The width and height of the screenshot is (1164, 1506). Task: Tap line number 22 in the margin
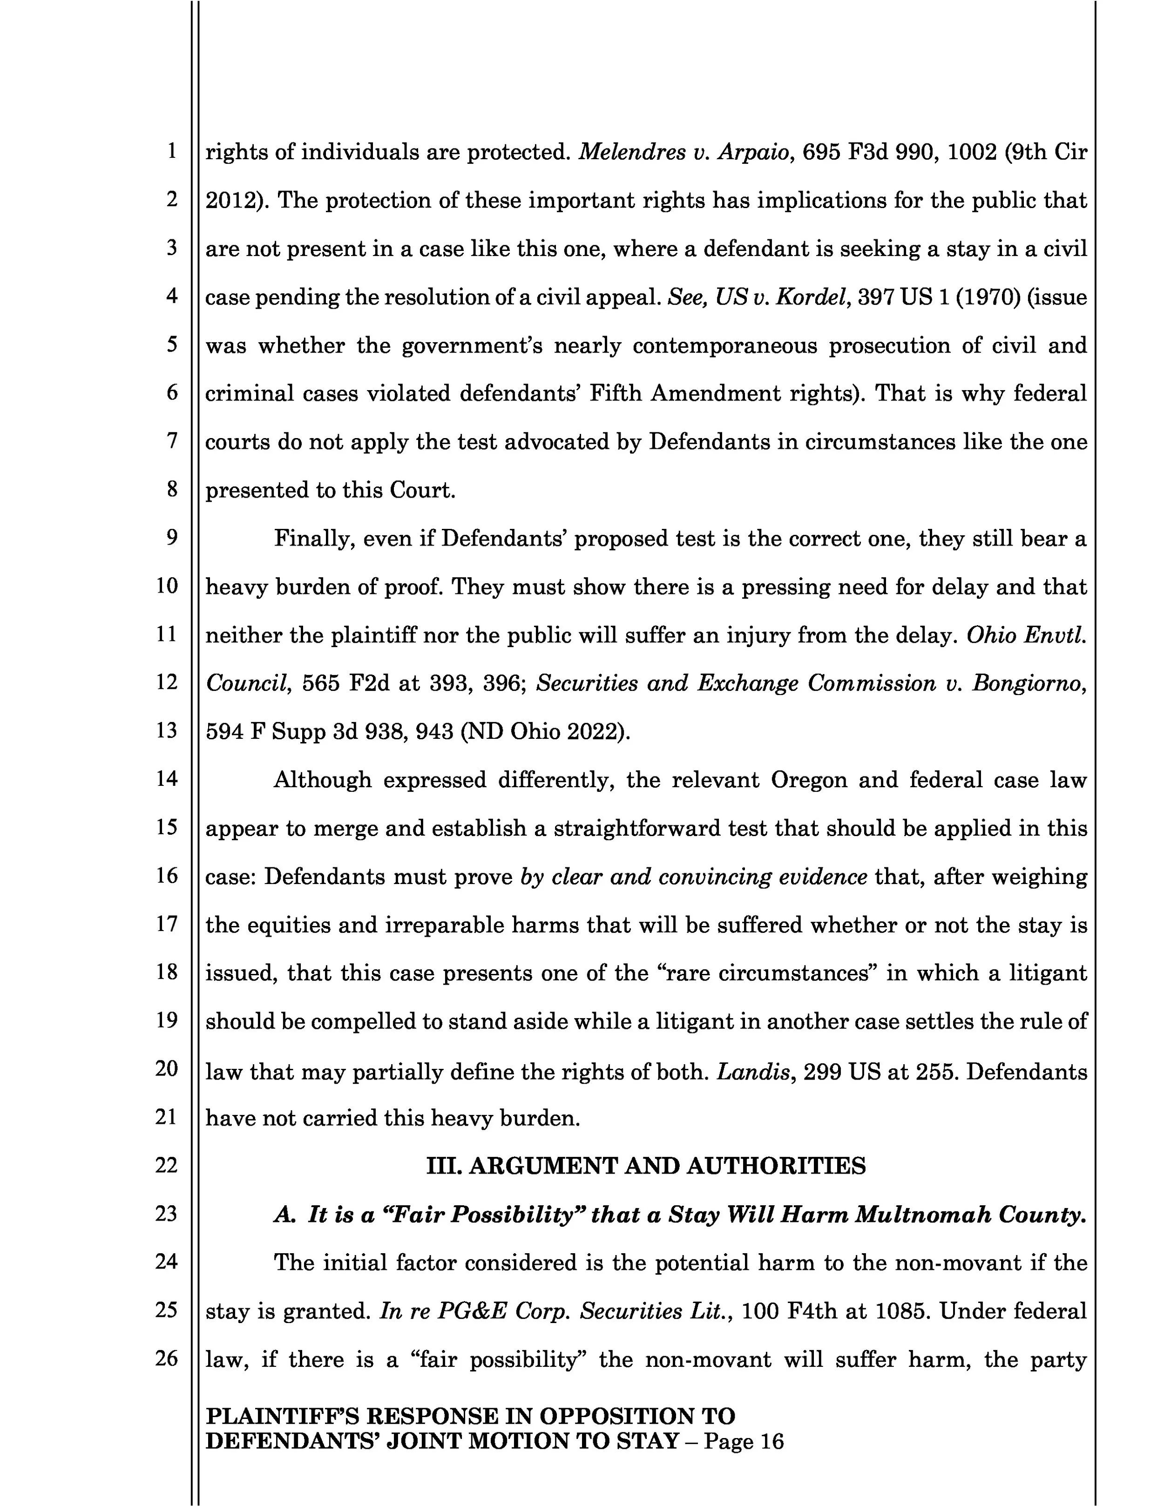pos(166,1165)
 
